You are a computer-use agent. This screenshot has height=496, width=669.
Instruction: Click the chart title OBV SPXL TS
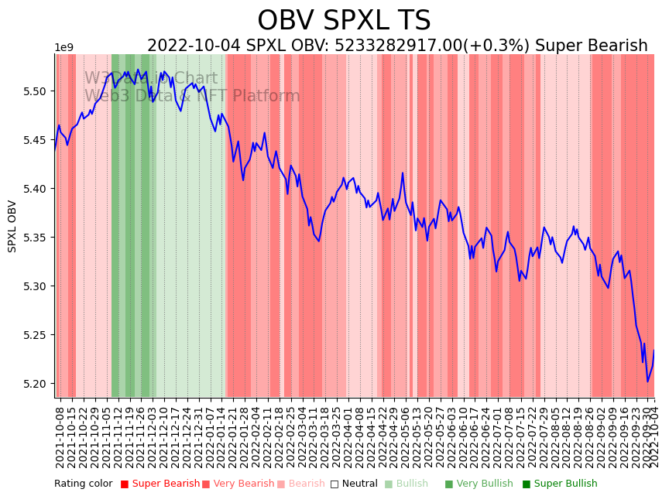click(344, 21)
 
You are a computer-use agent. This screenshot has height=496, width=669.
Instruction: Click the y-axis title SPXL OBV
click(12, 226)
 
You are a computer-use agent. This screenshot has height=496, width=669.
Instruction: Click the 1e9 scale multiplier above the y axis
click(63, 48)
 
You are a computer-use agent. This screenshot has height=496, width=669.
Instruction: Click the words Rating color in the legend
click(84, 484)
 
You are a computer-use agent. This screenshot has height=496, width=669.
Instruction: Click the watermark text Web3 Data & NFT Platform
click(192, 97)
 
